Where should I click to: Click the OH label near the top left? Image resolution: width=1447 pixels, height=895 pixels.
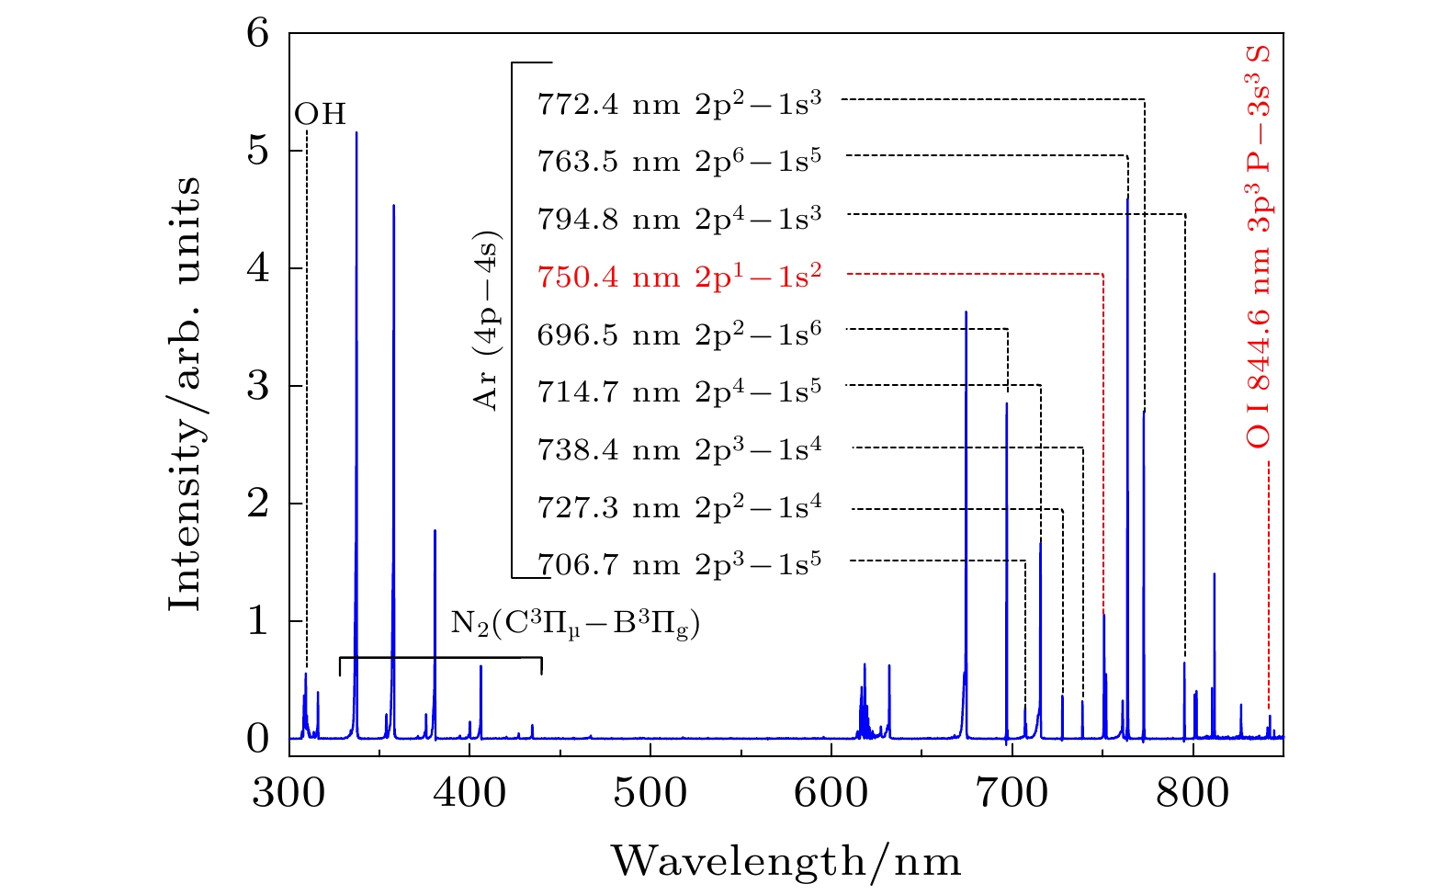pyautogui.click(x=321, y=115)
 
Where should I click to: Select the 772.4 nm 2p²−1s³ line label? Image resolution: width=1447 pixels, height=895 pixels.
pyautogui.click(x=679, y=103)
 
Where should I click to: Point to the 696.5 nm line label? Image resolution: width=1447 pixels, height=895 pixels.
pyautogui.click(x=679, y=334)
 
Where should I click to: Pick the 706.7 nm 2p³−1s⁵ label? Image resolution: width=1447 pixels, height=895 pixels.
pyautogui.click(x=679, y=563)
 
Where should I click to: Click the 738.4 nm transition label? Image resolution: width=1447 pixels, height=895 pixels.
pyautogui.click(x=679, y=449)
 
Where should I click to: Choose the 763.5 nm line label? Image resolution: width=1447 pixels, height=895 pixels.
pyautogui.click(x=679, y=161)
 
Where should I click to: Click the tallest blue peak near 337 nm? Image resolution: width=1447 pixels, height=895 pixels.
pyautogui.click(x=356, y=134)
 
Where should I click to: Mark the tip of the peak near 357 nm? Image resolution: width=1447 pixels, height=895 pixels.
pyautogui.click(x=393, y=207)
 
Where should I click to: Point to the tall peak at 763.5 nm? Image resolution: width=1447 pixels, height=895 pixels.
pyautogui.click(x=1127, y=199)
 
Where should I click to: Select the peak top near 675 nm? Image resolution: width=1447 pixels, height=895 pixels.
pyautogui.click(x=966, y=313)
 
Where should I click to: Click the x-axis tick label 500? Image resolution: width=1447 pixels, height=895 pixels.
pyautogui.click(x=650, y=792)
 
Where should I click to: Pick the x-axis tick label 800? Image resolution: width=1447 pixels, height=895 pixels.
pyautogui.click(x=1192, y=792)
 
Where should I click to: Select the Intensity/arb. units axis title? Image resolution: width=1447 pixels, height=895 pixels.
pyautogui.click(x=185, y=393)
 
